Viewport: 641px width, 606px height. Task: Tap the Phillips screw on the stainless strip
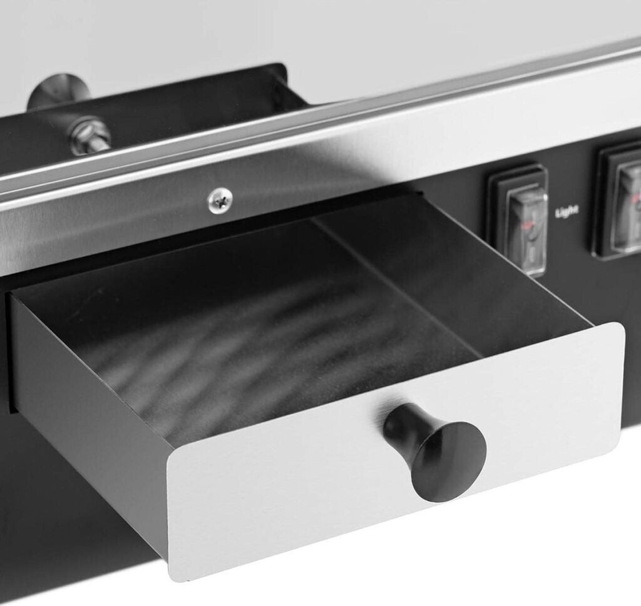tap(220, 200)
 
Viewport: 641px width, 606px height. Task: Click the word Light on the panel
tap(567, 211)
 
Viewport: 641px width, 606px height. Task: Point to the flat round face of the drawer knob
tap(449, 462)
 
